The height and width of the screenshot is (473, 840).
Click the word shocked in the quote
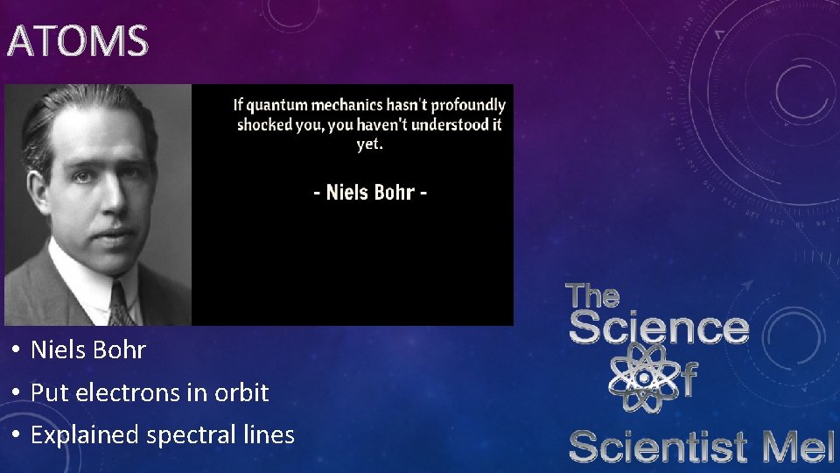pyautogui.click(x=264, y=124)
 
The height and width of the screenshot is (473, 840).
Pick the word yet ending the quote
pyautogui.click(x=368, y=145)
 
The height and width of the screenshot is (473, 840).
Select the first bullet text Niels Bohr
pyautogui.click(x=88, y=350)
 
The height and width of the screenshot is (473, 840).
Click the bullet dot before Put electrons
pyautogui.click(x=17, y=393)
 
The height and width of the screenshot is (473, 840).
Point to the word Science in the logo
pyautogui.click(x=659, y=328)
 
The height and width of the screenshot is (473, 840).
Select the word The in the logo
pyautogui.click(x=593, y=296)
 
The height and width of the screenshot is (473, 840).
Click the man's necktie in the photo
pyautogui.click(x=122, y=307)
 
